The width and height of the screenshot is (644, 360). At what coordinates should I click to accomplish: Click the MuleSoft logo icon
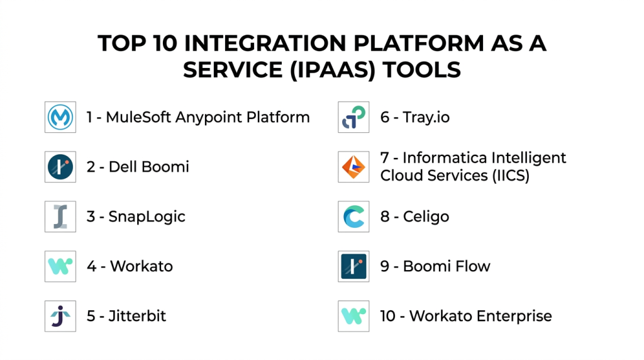pyautogui.click(x=60, y=117)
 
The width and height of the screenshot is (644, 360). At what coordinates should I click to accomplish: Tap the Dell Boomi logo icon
pyautogui.click(x=60, y=167)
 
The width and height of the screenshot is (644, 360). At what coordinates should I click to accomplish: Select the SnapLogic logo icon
pyautogui.click(x=60, y=217)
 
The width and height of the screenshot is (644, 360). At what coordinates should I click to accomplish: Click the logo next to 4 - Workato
pyautogui.click(x=60, y=266)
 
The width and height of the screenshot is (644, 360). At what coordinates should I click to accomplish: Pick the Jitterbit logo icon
pyautogui.click(x=60, y=316)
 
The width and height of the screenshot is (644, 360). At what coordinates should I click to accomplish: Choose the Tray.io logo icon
pyautogui.click(x=353, y=117)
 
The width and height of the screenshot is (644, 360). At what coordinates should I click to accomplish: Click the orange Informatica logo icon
pyautogui.click(x=353, y=167)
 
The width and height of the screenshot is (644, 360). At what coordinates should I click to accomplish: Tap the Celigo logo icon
pyautogui.click(x=353, y=217)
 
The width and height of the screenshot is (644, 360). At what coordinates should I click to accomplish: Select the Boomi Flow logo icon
pyautogui.click(x=353, y=266)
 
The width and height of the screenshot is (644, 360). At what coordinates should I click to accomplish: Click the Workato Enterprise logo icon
pyautogui.click(x=353, y=316)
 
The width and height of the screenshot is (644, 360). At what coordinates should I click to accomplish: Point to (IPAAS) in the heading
pyautogui.click(x=333, y=70)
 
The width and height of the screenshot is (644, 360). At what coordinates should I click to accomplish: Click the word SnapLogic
pyautogui.click(x=147, y=217)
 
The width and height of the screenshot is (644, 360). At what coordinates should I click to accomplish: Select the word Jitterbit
pyautogui.click(x=137, y=316)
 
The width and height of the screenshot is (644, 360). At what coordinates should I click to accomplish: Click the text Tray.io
pyautogui.click(x=426, y=117)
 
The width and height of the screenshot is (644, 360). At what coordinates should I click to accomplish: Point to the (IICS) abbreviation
pyautogui.click(x=509, y=176)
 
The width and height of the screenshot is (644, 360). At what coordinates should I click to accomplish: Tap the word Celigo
pyautogui.click(x=426, y=217)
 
